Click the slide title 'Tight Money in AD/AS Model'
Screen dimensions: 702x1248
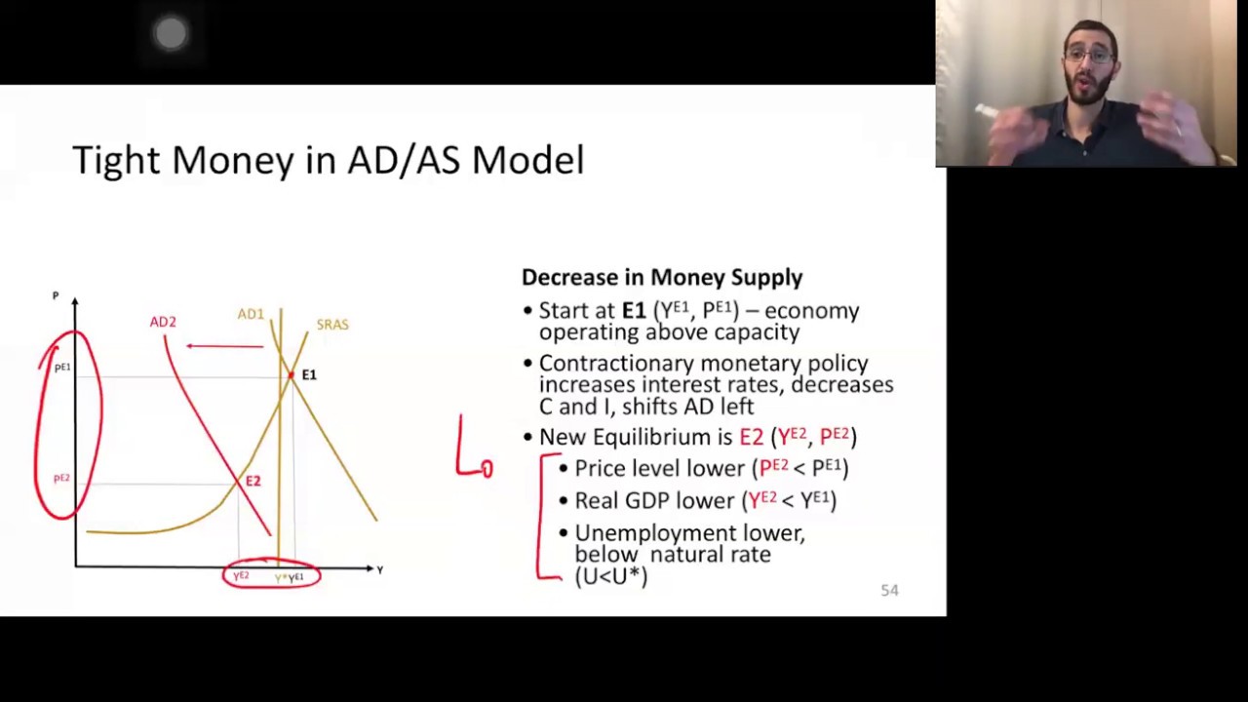pyautogui.click(x=328, y=160)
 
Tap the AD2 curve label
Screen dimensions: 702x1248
pyautogui.click(x=163, y=322)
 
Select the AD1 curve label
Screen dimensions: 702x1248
pyautogui.click(x=251, y=314)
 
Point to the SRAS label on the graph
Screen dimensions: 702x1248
pyautogui.click(x=331, y=325)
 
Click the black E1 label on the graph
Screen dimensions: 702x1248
pyautogui.click(x=309, y=374)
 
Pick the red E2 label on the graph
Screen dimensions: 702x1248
pyautogui.click(x=253, y=481)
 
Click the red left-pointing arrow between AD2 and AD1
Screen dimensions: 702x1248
pyautogui.click(x=224, y=345)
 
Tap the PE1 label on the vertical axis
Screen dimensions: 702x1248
pyautogui.click(x=62, y=368)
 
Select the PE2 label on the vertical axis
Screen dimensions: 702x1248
pyautogui.click(x=61, y=478)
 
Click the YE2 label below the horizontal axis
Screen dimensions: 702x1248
pyautogui.click(x=241, y=576)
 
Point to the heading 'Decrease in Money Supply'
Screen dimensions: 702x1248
pyautogui.click(x=662, y=278)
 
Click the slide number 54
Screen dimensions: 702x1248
pyautogui.click(x=889, y=590)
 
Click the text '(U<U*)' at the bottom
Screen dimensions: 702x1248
pyautogui.click(x=611, y=575)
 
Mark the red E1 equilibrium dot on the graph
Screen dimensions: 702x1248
pyautogui.click(x=291, y=375)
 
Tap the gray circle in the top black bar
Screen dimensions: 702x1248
pyautogui.click(x=171, y=34)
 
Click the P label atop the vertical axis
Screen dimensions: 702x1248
pyautogui.click(x=56, y=295)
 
